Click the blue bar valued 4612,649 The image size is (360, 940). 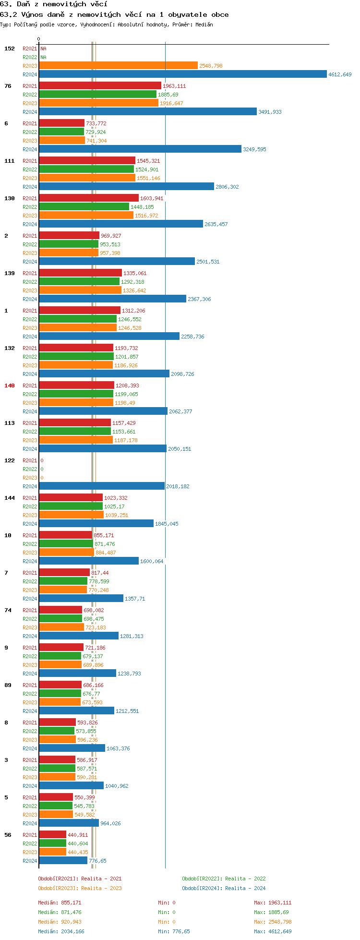(x=182, y=74)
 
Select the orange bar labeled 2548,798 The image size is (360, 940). (x=118, y=65)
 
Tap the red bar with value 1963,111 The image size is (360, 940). (x=100, y=85)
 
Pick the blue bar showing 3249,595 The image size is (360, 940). (x=140, y=149)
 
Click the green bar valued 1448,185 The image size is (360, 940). (x=84, y=206)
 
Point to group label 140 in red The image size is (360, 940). (x=10, y=386)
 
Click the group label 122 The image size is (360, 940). (x=10, y=460)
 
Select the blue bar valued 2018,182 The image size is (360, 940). (x=102, y=486)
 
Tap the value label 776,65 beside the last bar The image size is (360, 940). (x=97, y=861)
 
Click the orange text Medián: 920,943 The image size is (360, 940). (x=60, y=922)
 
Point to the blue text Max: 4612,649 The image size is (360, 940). (x=273, y=931)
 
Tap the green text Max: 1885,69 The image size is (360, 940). (x=271, y=912)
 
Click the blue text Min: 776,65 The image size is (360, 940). (x=174, y=931)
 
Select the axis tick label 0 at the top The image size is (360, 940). (x=39, y=39)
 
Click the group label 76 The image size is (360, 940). (x=8, y=86)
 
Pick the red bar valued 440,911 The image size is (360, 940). (x=53, y=834)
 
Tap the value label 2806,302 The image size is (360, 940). (x=227, y=187)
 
